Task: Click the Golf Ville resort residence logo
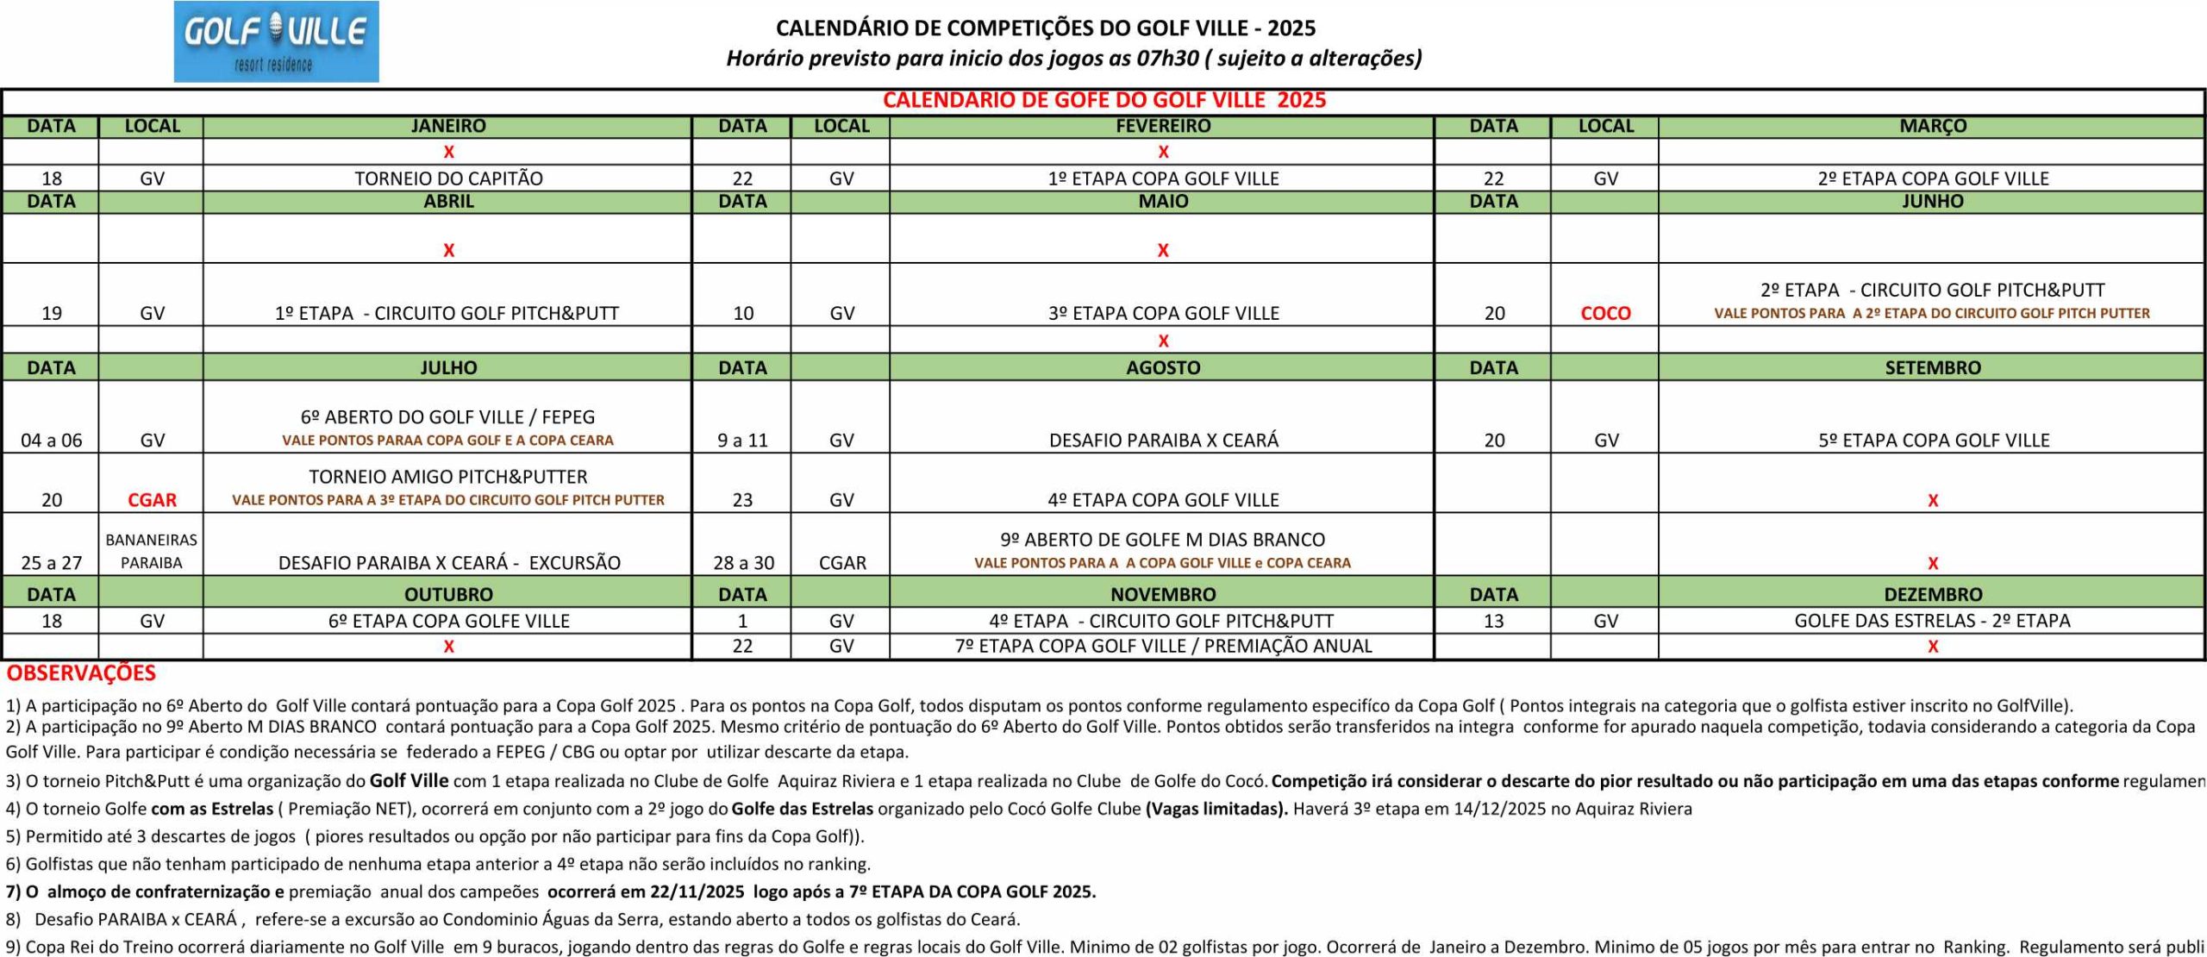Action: (x=276, y=41)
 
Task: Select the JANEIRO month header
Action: (x=448, y=126)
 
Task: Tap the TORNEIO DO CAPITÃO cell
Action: (x=448, y=178)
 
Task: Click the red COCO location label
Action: (x=1605, y=313)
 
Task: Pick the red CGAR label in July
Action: (x=152, y=500)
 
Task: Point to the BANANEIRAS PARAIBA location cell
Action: (x=152, y=551)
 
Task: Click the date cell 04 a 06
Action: (x=52, y=441)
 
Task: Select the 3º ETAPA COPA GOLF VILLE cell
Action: (x=1163, y=313)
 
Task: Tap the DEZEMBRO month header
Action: (x=1932, y=594)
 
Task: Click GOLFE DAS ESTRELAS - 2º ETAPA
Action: (x=1932, y=621)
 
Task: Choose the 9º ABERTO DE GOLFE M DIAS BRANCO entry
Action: (x=1162, y=540)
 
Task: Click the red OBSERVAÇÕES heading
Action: (x=81, y=673)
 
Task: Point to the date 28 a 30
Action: (x=743, y=563)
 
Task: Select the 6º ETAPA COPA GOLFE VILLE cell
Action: (x=448, y=621)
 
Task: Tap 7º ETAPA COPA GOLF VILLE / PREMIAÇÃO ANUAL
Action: (x=1163, y=646)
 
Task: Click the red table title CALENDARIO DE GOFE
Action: (x=1103, y=100)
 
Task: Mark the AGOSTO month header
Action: (x=1163, y=367)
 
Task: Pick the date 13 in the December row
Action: (x=1494, y=621)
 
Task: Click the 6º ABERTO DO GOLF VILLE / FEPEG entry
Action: (x=448, y=417)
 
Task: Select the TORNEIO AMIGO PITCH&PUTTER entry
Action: (x=448, y=477)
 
